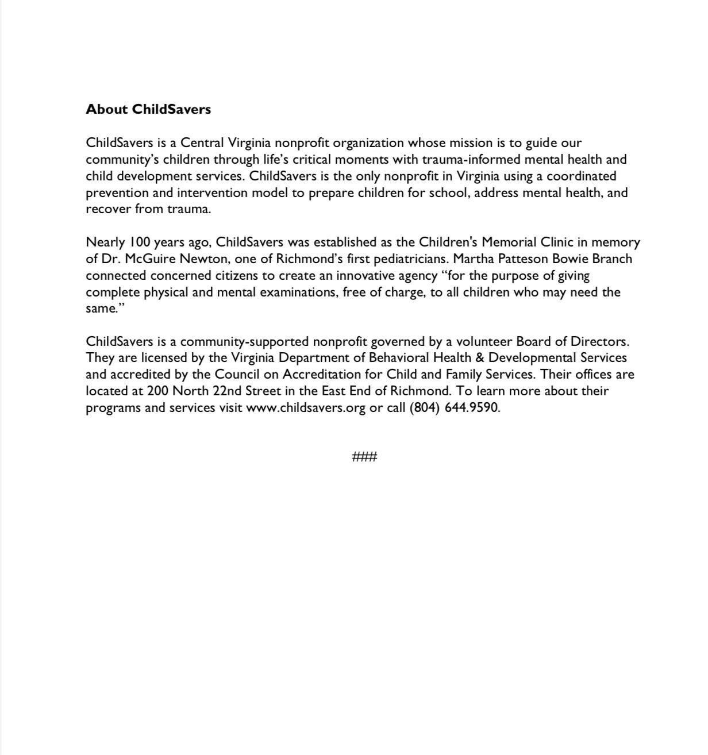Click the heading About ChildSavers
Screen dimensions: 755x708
point(148,109)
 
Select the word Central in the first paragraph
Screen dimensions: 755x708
point(202,142)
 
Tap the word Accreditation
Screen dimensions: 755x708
point(326,374)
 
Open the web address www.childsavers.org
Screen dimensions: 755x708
point(306,408)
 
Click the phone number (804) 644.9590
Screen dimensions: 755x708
point(454,408)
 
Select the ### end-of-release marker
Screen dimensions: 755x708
point(364,457)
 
